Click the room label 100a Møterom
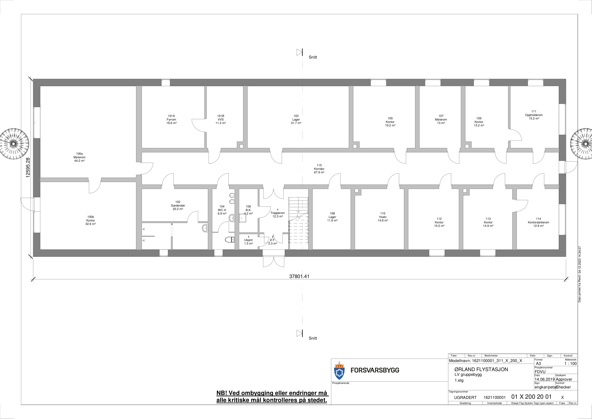pos(79,157)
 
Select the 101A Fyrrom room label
pos(171,119)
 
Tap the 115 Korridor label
pos(319,169)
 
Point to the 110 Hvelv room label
pos(383,217)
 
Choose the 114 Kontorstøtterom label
pos(538,222)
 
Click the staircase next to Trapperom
pos(298,223)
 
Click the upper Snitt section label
pos(313,57)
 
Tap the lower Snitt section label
pos(313,338)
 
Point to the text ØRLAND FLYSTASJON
pos(481,369)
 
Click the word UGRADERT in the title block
pos(465,398)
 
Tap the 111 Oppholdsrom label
pos(534,115)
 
